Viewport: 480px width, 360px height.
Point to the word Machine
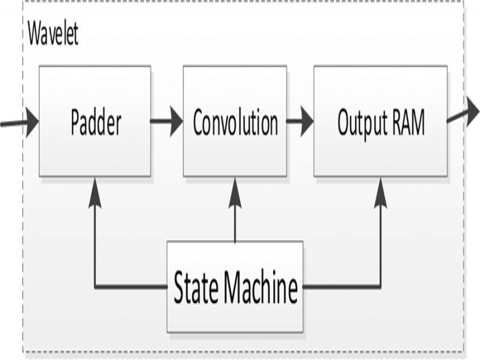click(x=262, y=288)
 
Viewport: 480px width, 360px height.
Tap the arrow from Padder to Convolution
click(x=167, y=122)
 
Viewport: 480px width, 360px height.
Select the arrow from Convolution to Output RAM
click(x=300, y=122)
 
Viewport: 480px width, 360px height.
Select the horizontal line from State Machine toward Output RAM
click(x=342, y=287)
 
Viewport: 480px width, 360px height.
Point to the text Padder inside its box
click(x=95, y=123)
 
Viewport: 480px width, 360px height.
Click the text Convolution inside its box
click(x=235, y=123)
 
